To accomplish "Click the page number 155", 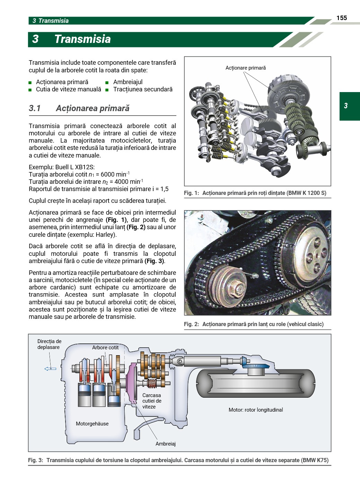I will click(341, 18).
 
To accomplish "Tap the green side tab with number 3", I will click(349, 106).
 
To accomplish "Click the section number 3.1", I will click(35, 108).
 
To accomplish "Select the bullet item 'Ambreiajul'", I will click(128, 82).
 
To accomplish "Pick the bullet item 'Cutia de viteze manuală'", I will click(69, 89).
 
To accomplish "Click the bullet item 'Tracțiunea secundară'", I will click(143, 89).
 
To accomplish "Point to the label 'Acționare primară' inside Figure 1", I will click(245, 68).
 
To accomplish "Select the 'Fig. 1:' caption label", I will click(191, 193).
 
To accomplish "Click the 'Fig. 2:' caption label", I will click(191, 324).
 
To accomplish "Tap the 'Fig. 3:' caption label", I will click(36, 460).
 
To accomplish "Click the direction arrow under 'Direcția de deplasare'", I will click(50, 369).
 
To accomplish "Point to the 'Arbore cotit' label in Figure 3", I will click(105, 348).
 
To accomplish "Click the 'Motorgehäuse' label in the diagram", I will click(92, 424).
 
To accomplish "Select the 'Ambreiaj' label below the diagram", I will click(165, 444).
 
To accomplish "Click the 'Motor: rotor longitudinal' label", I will click(256, 410).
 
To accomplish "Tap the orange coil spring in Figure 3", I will click(152, 383).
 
